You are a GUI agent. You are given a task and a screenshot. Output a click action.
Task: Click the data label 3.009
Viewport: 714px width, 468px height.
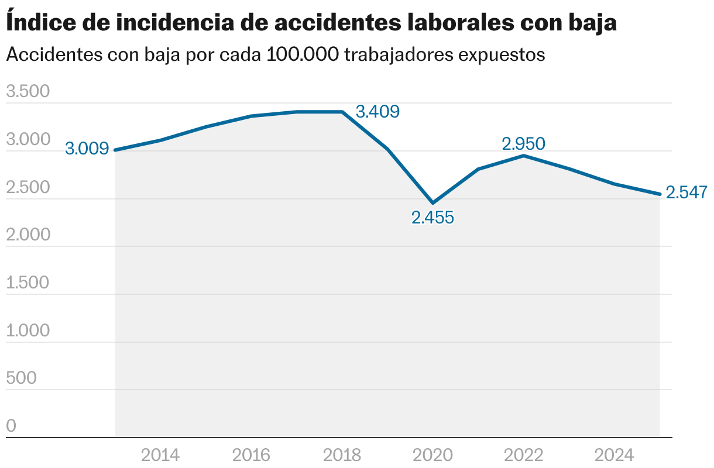coord(87,149)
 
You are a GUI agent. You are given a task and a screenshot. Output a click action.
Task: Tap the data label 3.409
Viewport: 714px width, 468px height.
coord(377,111)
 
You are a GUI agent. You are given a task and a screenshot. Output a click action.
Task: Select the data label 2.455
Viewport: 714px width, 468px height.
coord(432,218)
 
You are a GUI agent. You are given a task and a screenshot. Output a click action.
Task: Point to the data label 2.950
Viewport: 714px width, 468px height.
coord(523,143)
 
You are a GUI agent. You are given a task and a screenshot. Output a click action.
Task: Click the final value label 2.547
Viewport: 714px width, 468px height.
coord(687,192)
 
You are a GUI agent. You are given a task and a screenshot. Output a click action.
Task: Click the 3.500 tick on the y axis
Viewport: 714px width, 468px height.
coord(28,92)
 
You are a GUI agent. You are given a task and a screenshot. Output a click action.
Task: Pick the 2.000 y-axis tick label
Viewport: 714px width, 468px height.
coord(28,235)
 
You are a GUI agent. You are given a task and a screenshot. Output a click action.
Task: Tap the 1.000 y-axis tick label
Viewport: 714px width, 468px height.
coord(28,331)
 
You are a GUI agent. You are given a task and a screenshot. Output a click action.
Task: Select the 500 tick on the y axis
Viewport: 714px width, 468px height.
coord(21,378)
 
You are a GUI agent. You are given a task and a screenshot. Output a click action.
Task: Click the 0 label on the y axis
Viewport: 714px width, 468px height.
coord(11,426)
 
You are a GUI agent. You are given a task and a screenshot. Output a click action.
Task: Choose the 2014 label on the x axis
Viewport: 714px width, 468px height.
coord(160,455)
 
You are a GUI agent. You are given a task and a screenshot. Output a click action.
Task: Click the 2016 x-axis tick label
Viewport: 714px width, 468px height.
coord(251,455)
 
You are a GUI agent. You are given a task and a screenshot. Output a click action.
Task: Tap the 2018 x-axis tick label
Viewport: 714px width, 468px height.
coord(342,455)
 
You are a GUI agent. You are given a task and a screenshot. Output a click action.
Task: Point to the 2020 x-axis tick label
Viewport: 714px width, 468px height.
coord(432,455)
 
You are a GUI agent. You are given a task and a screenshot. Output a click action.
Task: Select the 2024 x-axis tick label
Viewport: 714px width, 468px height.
coord(614,455)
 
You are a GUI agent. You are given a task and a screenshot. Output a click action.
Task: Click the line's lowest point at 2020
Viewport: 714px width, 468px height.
coord(432,202)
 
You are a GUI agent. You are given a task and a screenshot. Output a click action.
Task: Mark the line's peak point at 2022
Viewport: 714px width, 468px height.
coord(523,156)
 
